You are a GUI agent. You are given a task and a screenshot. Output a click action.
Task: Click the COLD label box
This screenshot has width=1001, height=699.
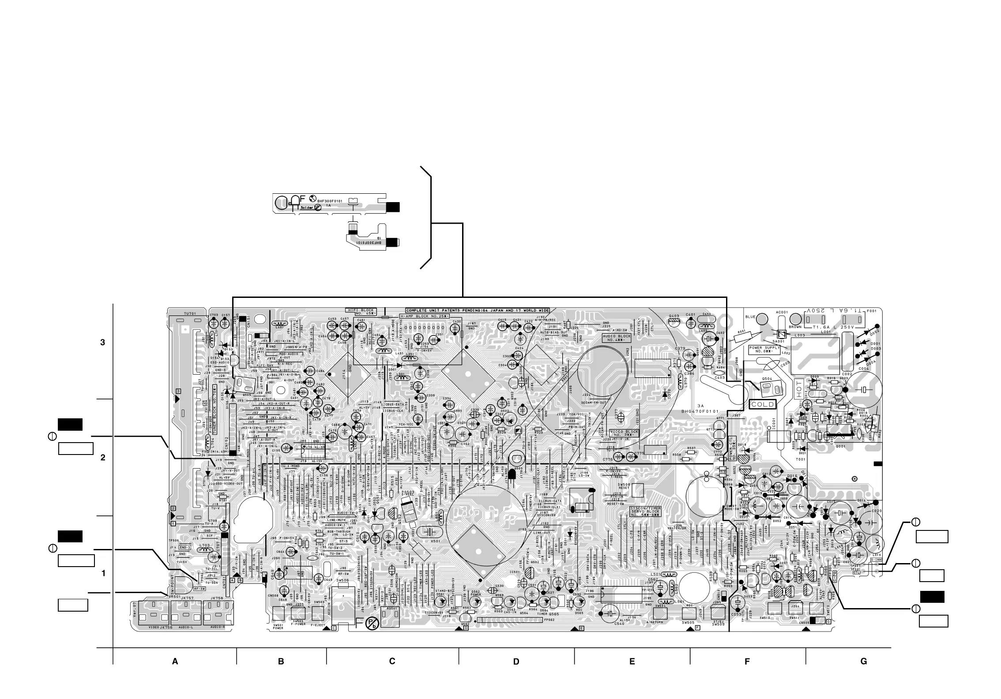click(763, 404)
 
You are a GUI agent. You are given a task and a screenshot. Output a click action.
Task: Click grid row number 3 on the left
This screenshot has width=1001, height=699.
click(103, 342)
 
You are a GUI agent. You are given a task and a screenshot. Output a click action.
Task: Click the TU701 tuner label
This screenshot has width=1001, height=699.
click(190, 314)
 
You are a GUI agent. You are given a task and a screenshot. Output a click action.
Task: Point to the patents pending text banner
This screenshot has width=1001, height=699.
click(478, 310)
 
